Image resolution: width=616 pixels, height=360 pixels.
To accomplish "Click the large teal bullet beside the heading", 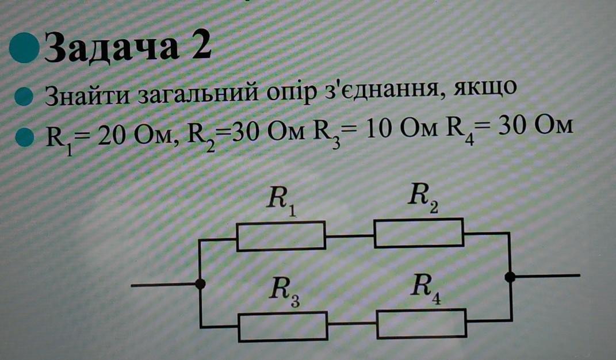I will (x=24, y=48).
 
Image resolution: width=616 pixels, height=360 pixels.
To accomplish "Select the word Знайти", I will (x=87, y=95).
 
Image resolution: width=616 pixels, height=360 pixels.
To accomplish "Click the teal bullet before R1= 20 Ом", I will (x=24, y=136).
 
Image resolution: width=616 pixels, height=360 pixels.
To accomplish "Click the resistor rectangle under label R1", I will (x=281, y=237).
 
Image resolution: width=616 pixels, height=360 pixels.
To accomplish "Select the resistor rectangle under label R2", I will (x=419, y=233).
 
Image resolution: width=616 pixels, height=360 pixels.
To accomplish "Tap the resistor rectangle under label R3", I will (x=283, y=326).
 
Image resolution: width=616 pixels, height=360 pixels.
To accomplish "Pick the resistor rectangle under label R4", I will (x=422, y=323).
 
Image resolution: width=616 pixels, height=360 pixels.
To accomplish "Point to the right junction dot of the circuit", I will (x=509, y=277).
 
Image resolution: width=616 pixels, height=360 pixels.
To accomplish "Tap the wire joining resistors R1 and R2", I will (x=350, y=235).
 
